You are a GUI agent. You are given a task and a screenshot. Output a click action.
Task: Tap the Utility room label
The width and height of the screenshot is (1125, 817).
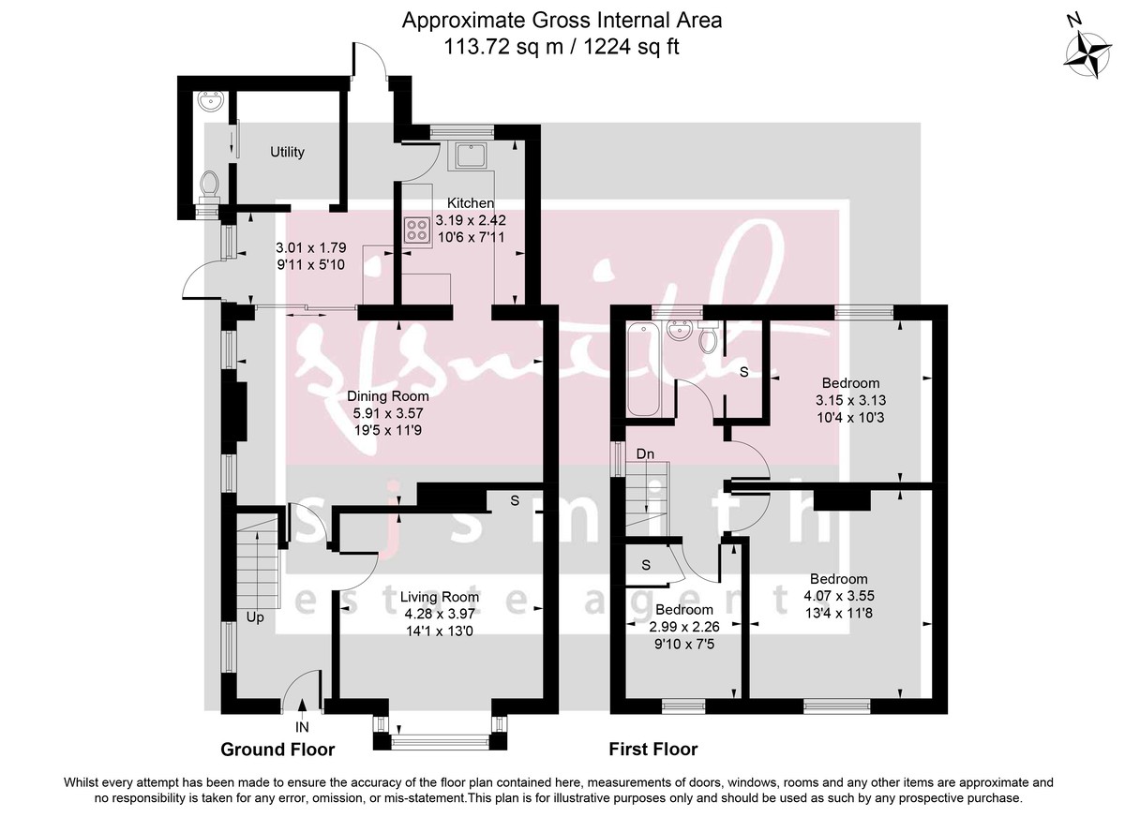click(287, 152)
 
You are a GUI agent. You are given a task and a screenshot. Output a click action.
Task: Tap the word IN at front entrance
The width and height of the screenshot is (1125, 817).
click(302, 726)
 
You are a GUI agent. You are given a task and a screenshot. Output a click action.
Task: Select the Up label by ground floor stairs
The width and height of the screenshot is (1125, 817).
click(255, 618)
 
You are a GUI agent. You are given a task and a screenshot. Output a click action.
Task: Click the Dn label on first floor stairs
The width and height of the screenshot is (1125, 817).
click(645, 454)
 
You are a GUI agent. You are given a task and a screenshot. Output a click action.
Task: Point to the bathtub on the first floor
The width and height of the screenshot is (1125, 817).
click(643, 368)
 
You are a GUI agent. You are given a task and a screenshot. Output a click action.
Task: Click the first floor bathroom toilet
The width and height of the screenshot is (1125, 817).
click(710, 337)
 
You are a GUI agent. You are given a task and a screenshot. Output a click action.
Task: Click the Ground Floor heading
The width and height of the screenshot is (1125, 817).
click(277, 750)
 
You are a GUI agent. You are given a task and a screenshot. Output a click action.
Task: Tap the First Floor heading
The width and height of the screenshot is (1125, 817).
click(653, 750)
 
